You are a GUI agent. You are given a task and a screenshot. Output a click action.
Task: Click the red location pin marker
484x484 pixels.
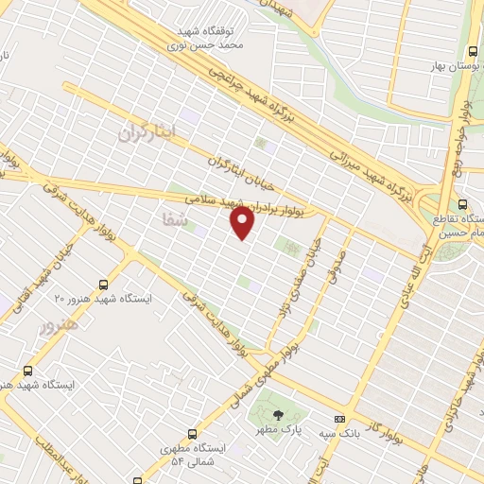pos(243,223)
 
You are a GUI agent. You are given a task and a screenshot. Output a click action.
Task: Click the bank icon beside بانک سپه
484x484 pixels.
pos(339,419)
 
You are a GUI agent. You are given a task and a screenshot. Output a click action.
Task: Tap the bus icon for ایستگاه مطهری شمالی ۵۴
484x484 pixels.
pos(193,434)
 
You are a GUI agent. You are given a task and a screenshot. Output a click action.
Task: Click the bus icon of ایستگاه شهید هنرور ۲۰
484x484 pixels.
pos(103,283)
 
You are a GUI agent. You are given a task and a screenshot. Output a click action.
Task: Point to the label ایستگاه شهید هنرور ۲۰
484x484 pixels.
pos(104,298)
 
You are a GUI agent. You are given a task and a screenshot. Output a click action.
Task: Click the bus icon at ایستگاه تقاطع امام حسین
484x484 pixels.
pos(462,203)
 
